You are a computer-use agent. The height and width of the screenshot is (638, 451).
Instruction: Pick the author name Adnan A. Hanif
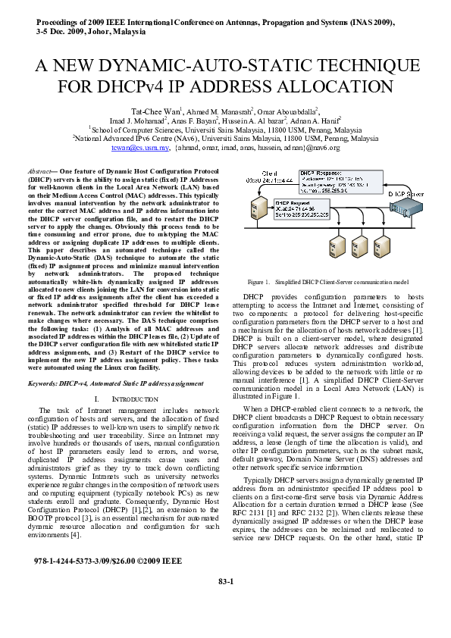(x=321, y=120)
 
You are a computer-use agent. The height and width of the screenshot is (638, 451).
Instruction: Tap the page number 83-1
(x=225, y=602)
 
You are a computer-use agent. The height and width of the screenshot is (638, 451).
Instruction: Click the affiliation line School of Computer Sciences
(x=225, y=130)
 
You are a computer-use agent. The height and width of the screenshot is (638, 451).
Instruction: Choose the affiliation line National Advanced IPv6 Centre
(x=225, y=139)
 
